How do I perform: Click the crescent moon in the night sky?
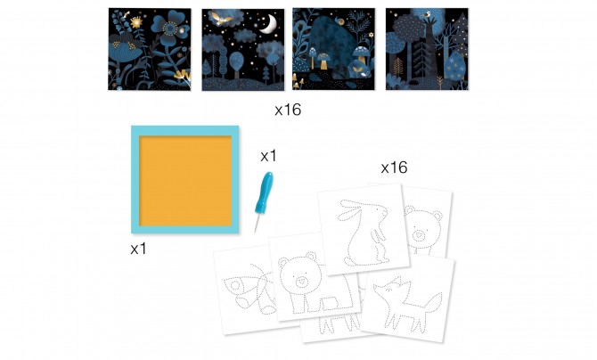[x=271, y=24]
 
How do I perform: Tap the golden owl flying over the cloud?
[x=221, y=18]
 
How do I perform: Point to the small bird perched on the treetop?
[x=428, y=14]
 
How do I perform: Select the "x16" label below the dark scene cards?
[x=288, y=110]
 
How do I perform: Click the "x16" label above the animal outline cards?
[x=394, y=168]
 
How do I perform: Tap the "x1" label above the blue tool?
[x=268, y=156]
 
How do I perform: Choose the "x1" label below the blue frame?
[x=138, y=249]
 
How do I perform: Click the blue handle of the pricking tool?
[x=264, y=194]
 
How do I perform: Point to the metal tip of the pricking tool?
[x=257, y=225]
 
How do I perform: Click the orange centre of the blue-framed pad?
[x=185, y=181]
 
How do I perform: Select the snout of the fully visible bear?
[x=301, y=282]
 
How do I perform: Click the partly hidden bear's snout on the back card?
[x=420, y=235]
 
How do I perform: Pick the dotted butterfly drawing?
[x=249, y=287]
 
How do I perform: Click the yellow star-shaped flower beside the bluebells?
[x=136, y=23]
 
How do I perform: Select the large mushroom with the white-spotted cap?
[x=360, y=53]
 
